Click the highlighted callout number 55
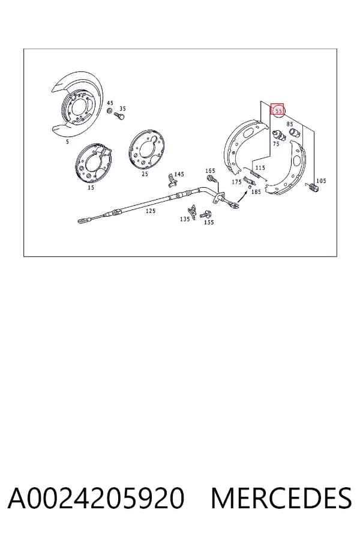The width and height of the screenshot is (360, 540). click(278, 111)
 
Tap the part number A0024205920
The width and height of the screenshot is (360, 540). click(96, 498)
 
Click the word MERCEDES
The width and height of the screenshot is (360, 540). click(281, 498)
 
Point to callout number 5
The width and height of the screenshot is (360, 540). click(67, 142)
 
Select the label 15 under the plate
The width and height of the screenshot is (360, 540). click(91, 188)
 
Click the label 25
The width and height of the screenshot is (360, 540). click(145, 174)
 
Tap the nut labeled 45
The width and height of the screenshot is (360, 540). click(110, 111)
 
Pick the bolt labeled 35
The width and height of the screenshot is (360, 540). click(119, 116)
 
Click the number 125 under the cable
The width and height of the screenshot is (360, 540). click(151, 211)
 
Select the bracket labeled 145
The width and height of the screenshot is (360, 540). click(170, 181)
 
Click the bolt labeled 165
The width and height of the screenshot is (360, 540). click(212, 179)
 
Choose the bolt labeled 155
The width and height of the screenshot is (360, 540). click(205, 214)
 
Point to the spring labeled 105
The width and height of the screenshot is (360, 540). click(313, 188)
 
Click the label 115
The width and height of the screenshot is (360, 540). click(260, 168)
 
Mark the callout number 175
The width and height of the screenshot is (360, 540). click(236, 182)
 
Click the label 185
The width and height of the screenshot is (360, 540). click(256, 192)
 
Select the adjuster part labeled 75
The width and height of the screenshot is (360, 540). click(279, 136)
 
